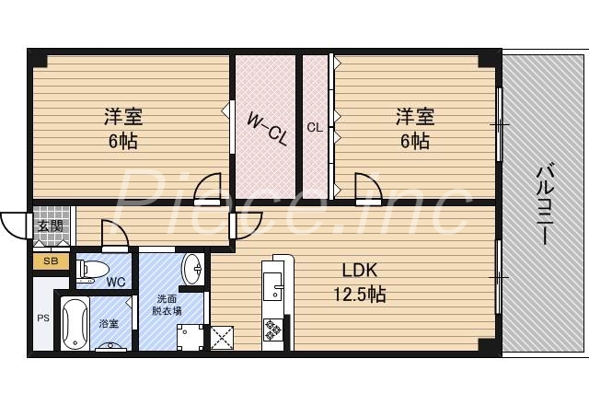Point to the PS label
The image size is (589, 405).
(x=42, y=318)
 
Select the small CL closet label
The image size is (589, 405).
(x=315, y=128)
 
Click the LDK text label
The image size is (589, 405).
(x=360, y=272)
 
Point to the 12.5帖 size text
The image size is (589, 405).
(x=360, y=295)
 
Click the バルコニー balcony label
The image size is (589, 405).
(x=544, y=202)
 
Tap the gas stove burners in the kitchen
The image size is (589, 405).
(x=274, y=329)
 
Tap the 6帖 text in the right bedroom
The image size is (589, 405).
(x=413, y=141)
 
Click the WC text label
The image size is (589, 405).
(x=116, y=282)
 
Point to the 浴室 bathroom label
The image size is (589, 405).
(x=110, y=323)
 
